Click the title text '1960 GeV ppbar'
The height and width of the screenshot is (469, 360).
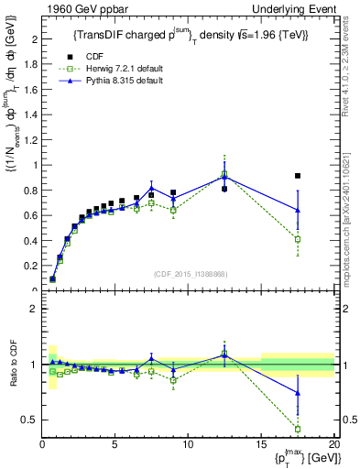tap(78, 8)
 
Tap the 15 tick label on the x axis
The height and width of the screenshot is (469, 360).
tap(261, 445)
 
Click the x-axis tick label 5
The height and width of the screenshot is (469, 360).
tap(115, 445)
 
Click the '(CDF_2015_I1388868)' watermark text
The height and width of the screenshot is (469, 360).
tap(189, 272)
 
